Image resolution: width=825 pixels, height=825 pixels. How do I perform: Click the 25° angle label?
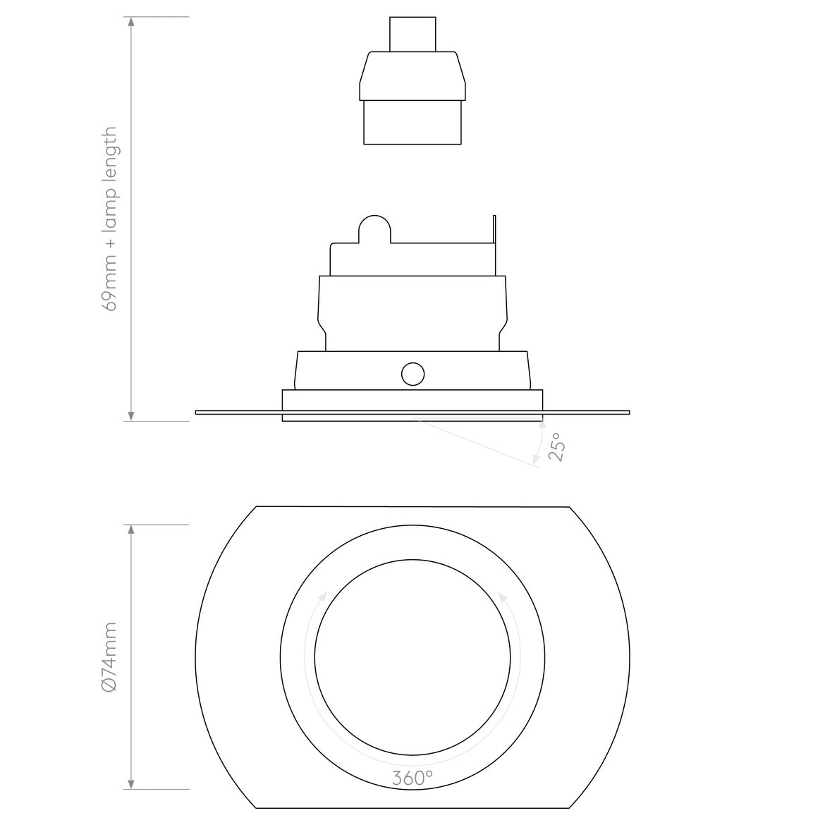(x=557, y=447)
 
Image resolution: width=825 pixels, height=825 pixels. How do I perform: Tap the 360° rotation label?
(x=412, y=778)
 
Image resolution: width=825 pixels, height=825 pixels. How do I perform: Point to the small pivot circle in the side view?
(x=412, y=374)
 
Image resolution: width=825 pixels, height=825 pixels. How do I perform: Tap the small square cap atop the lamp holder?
(x=412, y=34)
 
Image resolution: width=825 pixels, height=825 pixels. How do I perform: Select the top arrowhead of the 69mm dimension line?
(x=131, y=21)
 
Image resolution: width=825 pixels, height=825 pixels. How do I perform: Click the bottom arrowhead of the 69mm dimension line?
(x=131, y=417)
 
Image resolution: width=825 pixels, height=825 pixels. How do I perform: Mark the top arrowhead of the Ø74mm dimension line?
(x=131, y=530)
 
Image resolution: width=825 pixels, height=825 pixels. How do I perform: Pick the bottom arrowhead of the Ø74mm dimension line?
(x=131, y=784)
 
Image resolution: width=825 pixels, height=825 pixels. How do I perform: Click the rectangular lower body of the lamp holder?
(x=412, y=122)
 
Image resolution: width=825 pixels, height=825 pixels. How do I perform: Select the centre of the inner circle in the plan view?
(x=412, y=658)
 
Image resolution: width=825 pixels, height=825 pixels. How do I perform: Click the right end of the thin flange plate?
(x=626, y=412)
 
